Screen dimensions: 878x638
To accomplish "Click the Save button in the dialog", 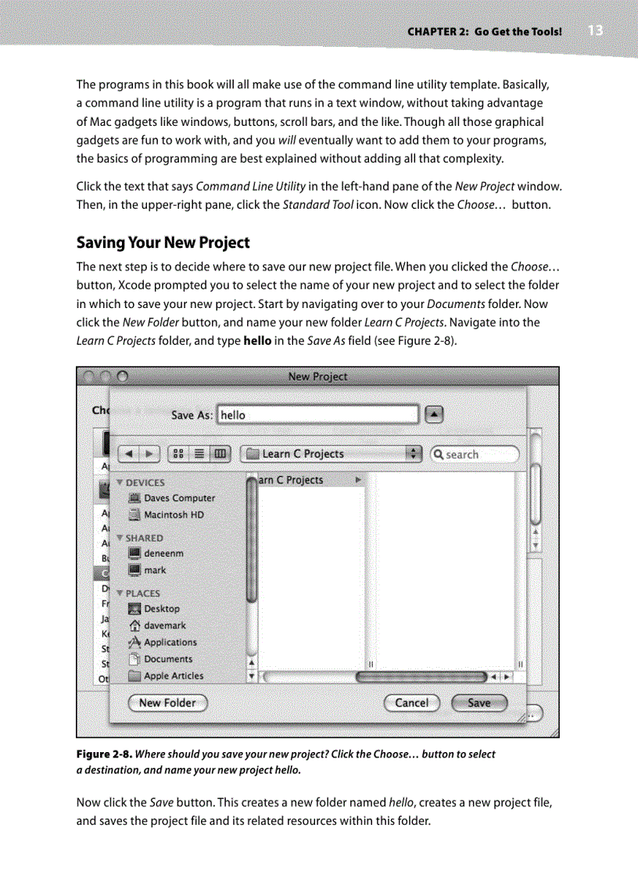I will tap(478, 703).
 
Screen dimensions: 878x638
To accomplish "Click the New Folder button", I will tap(167, 703).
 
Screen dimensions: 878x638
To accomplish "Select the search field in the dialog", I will tap(475, 454).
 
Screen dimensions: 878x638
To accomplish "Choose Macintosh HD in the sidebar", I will tap(173, 514).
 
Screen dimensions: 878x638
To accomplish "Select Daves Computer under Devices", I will tap(179, 498).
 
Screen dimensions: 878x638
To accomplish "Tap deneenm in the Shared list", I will tap(163, 554).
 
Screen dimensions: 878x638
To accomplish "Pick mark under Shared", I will tap(155, 570).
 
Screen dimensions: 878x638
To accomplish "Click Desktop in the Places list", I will tap(161, 609).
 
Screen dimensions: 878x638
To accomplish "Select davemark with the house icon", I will tap(164, 625).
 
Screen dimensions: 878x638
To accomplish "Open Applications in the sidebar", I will tap(170, 643).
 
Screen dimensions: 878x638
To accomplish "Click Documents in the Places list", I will tap(167, 659).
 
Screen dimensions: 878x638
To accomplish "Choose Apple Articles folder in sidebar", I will tap(173, 676).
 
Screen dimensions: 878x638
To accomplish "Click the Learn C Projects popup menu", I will tap(332, 454).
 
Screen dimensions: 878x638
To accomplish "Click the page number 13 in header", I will tap(595, 30).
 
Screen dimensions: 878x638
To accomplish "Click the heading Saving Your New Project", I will tap(163, 242).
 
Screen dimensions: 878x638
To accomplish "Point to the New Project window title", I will tap(317, 377).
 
